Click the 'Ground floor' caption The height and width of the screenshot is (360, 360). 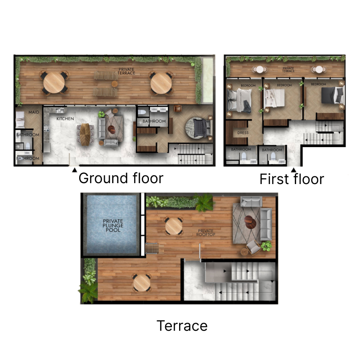click(x=121, y=178)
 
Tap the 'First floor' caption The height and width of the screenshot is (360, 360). click(x=292, y=179)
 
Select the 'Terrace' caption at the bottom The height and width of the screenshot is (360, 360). click(x=182, y=325)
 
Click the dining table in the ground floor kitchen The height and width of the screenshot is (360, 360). click(x=85, y=134)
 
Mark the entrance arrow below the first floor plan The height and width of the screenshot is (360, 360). click(x=294, y=170)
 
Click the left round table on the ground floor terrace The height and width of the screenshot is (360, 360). click(x=54, y=82)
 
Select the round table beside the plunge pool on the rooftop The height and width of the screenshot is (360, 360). click(x=173, y=226)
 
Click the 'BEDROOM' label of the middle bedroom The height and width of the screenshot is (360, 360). click(x=284, y=85)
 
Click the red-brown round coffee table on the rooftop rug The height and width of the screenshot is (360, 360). click(x=249, y=222)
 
